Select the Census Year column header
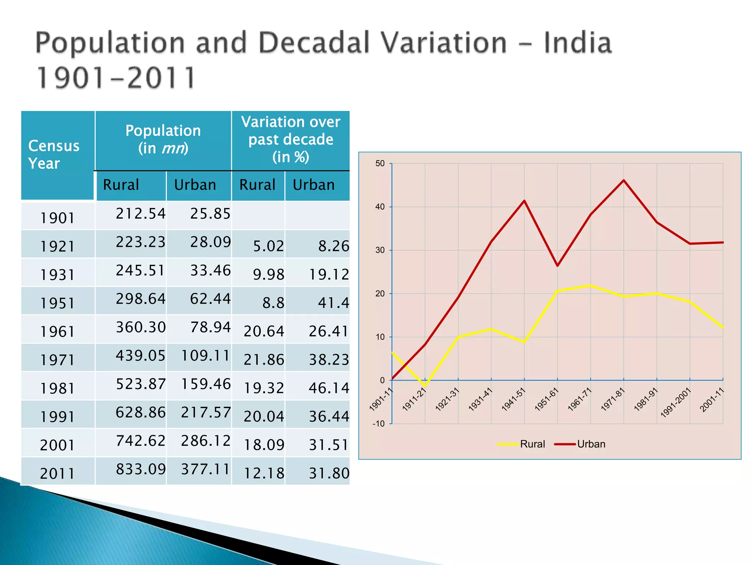54,154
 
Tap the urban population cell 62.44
210,299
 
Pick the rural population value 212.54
140,214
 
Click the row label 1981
57,388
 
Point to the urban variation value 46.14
329,388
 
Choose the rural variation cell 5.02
268,246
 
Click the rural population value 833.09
140,469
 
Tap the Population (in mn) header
163,139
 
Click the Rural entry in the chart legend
532,444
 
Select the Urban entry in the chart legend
590,444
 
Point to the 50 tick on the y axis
380,163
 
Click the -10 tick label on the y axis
378,424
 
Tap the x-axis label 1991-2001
676,402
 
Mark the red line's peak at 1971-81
624,180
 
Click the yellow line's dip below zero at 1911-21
425,386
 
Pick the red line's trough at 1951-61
557,266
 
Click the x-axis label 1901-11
381,399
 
